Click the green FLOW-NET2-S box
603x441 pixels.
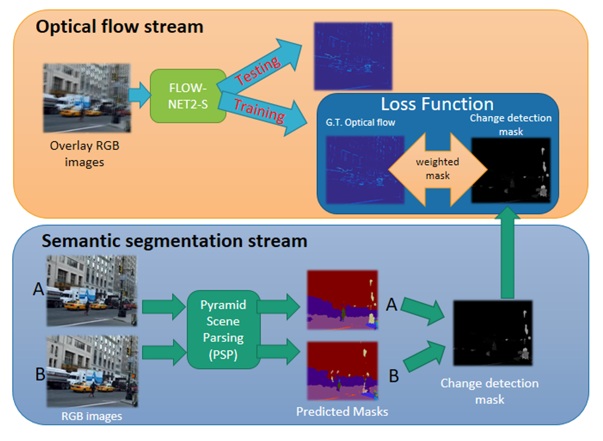[188, 96]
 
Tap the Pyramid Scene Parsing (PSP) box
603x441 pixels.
[223, 329]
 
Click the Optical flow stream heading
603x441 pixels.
[119, 26]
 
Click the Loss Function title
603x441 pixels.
[437, 104]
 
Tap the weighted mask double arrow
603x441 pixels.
[437, 168]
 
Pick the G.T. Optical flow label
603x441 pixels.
[360, 123]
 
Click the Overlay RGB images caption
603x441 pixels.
[85, 154]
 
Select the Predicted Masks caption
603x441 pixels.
[342, 411]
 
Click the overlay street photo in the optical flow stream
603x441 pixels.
[87, 98]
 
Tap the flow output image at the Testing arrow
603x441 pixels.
[352, 56]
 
